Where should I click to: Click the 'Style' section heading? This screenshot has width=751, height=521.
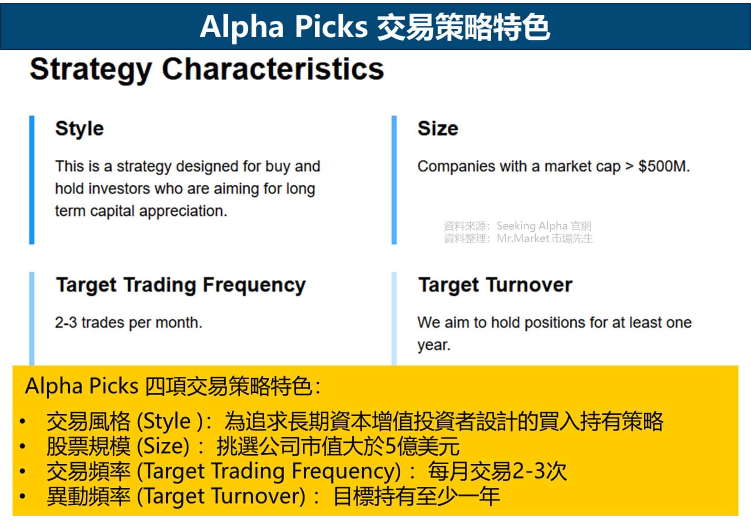point(79,129)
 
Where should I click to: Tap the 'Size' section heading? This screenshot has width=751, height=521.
point(438,129)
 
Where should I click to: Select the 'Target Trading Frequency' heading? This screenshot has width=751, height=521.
point(181,285)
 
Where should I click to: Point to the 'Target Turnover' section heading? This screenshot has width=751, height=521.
point(495,285)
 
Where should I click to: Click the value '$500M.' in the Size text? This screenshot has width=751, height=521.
point(664,166)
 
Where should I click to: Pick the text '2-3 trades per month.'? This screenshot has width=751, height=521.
point(128,323)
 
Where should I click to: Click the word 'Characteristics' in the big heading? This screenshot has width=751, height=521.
point(273,69)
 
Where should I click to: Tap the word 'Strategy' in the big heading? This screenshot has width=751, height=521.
point(91,70)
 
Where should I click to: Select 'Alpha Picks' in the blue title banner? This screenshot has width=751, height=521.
point(283,26)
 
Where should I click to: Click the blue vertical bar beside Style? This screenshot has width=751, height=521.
point(32,180)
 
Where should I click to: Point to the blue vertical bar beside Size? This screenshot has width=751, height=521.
point(394,180)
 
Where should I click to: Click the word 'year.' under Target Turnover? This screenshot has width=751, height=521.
point(434,345)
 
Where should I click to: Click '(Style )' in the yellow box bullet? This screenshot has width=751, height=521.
point(170,422)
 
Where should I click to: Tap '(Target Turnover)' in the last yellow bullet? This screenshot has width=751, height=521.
point(221,496)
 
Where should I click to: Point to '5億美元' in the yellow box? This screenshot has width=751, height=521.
point(422,446)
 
